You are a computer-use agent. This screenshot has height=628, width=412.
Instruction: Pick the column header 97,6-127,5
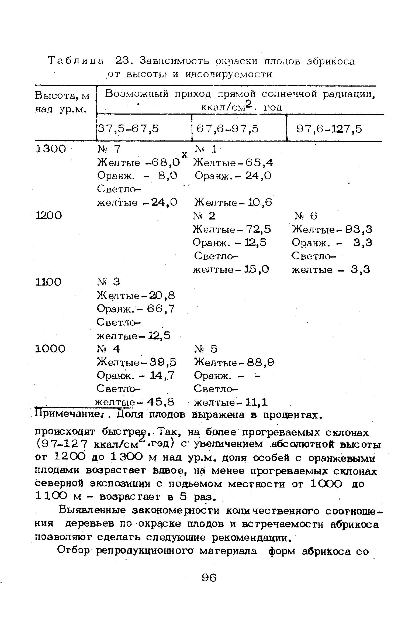(329, 129)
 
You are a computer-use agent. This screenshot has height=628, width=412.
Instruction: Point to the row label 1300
(51, 149)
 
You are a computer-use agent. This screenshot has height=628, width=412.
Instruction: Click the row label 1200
(49, 215)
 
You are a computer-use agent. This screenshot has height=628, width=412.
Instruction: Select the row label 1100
(49, 282)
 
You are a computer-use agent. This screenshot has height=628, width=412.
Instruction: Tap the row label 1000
(50, 349)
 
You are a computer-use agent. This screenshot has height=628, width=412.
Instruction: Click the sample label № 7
(108, 149)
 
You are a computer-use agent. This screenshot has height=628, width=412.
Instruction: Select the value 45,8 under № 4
(161, 402)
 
